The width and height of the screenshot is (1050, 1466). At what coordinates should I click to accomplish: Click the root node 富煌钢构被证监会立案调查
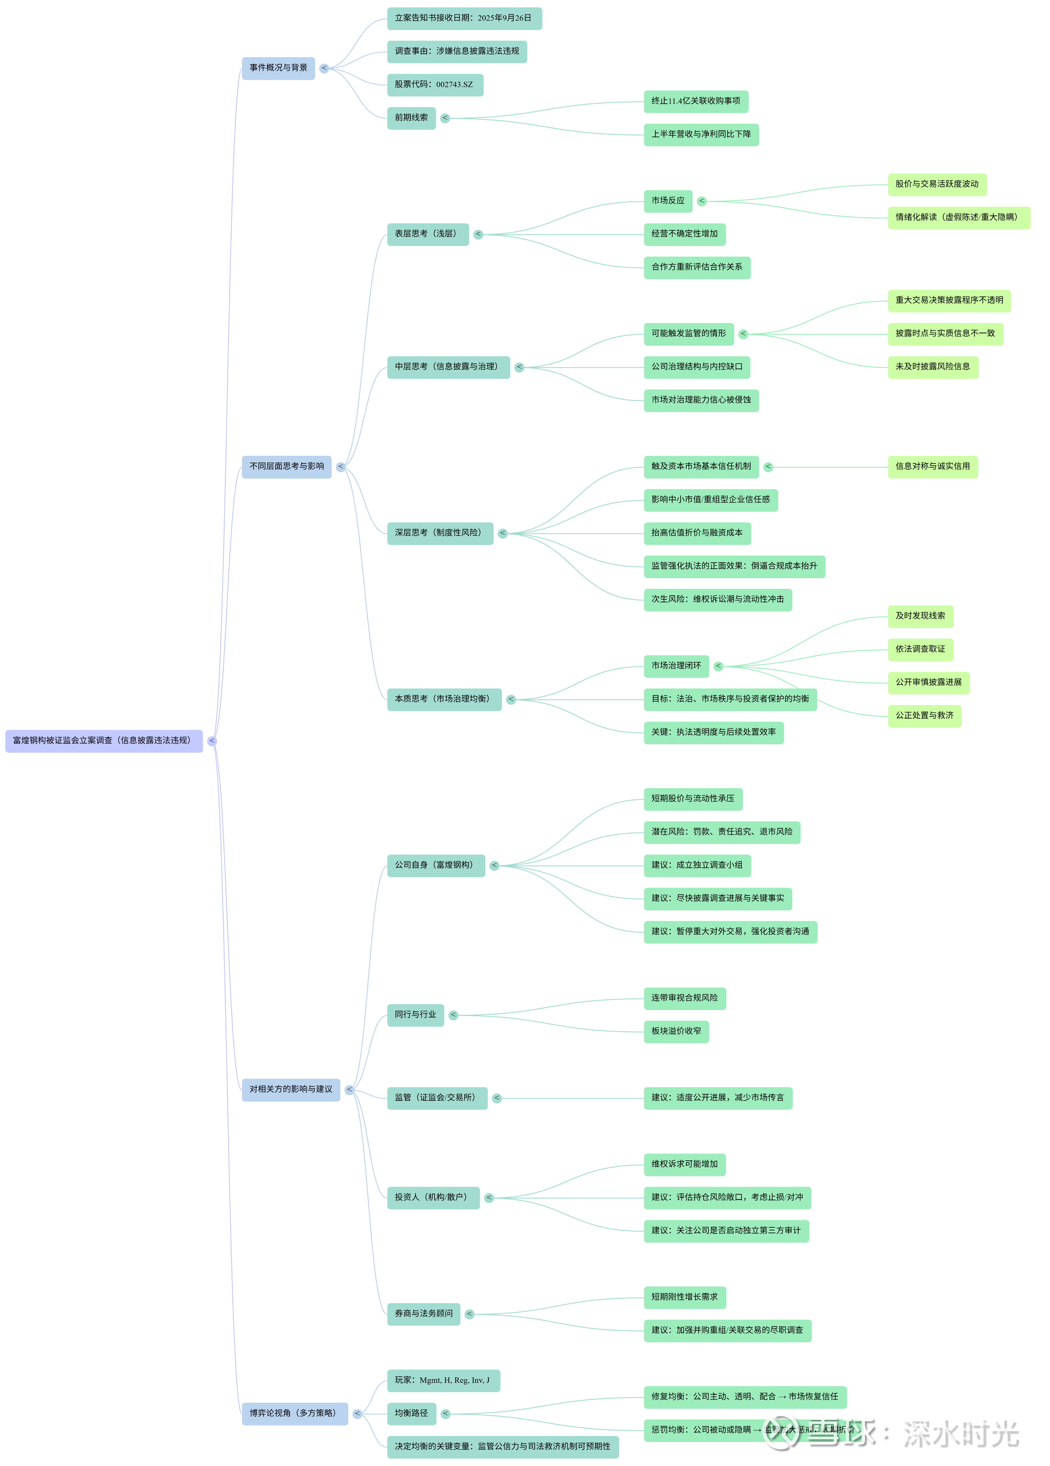click(x=104, y=741)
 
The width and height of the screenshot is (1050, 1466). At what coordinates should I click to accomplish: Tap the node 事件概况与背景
click(x=278, y=68)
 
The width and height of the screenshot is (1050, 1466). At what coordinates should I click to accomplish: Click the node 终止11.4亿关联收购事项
click(x=696, y=102)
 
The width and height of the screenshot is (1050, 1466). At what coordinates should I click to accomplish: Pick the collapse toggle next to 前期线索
click(x=445, y=118)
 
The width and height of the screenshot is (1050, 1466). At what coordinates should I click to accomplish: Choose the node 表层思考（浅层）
click(x=427, y=234)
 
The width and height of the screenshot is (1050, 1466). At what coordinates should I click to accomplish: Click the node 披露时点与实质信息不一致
click(x=945, y=334)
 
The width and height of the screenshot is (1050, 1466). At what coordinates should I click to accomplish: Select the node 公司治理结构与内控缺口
click(x=696, y=367)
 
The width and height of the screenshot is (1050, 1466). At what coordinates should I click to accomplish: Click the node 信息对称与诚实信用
click(x=932, y=467)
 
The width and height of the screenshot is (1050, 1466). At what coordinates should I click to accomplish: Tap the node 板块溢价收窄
click(x=676, y=1032)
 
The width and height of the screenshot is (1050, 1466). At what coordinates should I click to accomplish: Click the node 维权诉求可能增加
click(x=684, y=1165)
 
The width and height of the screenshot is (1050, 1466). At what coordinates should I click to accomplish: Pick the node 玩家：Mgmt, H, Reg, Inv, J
click(x=443, y=1381)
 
